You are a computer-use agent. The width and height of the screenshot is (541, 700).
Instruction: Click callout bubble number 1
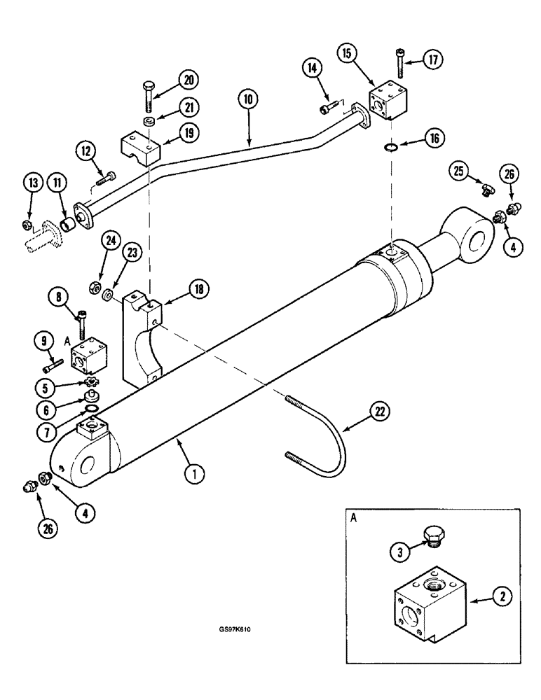point(198,474)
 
